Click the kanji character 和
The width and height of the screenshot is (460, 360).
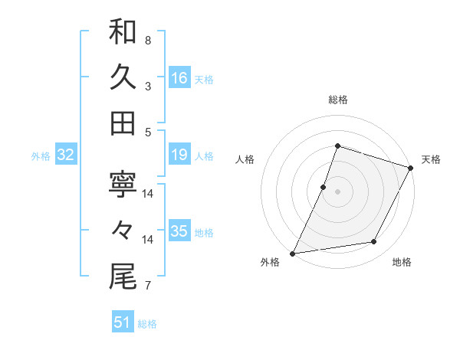click(123, 33)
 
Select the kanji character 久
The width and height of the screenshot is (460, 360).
click(123, 77)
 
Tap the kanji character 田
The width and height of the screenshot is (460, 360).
click(123, 123)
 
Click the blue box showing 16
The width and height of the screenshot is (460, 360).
click(179, 78)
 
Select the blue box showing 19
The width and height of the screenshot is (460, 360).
click(179, 155)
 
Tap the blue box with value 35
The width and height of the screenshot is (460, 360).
click(179, 232)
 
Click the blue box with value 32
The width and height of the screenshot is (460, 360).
click(66, 155)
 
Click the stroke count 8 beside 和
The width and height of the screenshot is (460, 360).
click(147, 39)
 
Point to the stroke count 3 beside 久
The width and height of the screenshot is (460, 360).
click(147, 86)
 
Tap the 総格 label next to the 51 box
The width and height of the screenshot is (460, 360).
click(147, 324)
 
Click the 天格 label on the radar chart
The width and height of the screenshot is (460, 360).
click(431, 159)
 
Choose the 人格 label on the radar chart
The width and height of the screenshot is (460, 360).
click(245, 159)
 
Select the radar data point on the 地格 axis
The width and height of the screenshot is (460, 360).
click(374, 242)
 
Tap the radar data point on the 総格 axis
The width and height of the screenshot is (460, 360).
click(337, 146)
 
